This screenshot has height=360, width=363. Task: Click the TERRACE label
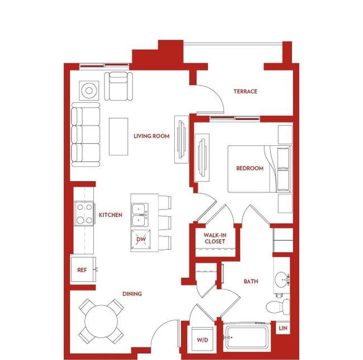pos(245,92)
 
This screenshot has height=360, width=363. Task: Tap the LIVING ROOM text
pos(151,136)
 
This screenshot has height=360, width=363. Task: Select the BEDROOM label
pos(250,168)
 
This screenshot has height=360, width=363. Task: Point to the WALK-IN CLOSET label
pos(215,238)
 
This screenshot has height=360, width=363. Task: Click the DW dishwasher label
pos(141,239)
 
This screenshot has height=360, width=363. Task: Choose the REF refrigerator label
pos(82,270)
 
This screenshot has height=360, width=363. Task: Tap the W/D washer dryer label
pos(203,340)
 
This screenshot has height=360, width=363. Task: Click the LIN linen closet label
pos(283,328)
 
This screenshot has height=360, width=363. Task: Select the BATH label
pos(251,282)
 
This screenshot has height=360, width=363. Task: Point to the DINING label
pos(132,294)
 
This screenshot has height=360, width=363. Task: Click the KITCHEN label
pos(111,215)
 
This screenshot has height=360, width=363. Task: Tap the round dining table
pos(101,321)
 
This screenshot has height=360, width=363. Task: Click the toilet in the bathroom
pos(278,307)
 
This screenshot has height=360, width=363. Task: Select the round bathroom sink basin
pos(281,280)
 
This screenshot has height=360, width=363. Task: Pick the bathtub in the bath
pos(247,337)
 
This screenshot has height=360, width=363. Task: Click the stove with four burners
pos(84,214)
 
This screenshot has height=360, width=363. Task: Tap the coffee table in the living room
pos(118,137)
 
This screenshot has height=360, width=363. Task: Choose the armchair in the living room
pos(118,86)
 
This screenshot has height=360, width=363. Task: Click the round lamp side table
pos(89,91)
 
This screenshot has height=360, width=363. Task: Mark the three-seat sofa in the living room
pos(85,135)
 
